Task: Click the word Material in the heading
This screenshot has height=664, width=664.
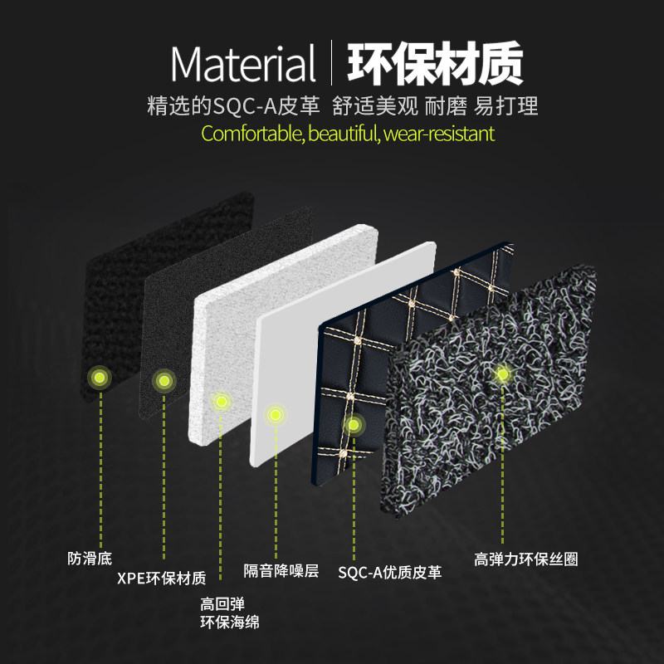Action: point(243,63)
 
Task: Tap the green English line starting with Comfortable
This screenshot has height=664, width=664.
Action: point(348,133)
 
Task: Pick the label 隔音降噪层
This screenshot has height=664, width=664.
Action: point(281,570)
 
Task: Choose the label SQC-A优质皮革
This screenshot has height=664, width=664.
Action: point(390,572)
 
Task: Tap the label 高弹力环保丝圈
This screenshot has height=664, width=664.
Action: point(525,559)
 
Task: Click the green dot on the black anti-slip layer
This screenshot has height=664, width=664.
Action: point(100,378)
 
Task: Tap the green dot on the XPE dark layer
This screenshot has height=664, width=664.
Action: point(164,381)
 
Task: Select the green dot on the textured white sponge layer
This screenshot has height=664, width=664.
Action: point(221,402)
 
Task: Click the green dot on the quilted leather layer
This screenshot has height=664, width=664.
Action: point(353,425)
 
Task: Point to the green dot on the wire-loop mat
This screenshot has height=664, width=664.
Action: point(502,374)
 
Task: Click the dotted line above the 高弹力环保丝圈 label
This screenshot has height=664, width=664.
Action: point(502,465)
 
